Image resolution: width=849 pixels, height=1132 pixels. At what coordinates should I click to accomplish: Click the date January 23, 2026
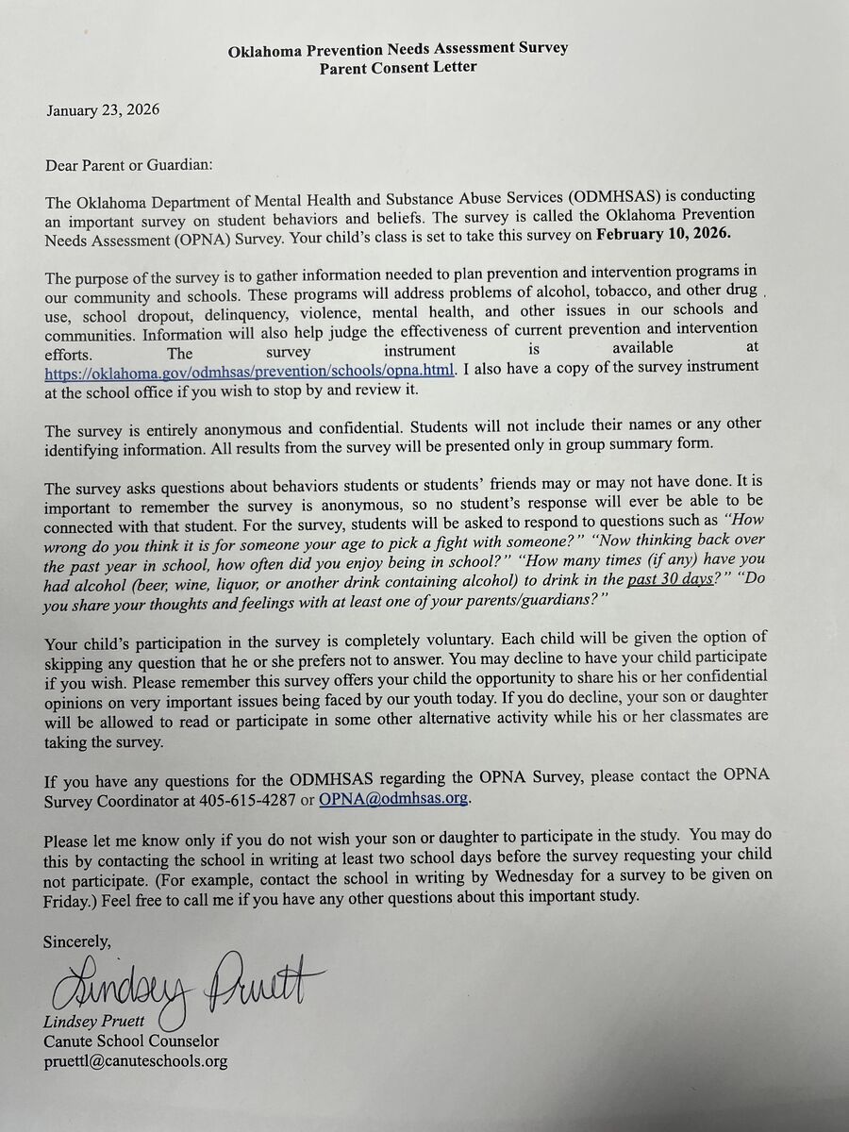(x=103, y=110)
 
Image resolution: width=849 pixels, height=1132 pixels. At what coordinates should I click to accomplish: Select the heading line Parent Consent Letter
(x=398, y=67)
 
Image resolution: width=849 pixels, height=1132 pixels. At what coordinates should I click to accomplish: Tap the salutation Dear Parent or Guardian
(x=129, y=165)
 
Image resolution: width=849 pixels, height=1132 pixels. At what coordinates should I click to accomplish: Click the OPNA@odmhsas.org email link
(x=393, y=798)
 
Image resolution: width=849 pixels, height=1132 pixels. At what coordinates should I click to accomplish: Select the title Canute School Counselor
(x=131, y=1041)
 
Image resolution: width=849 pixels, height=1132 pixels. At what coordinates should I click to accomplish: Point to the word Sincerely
(x=77, y=941)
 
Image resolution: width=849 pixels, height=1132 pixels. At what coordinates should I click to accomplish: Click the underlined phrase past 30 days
(x=670, y=579)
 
